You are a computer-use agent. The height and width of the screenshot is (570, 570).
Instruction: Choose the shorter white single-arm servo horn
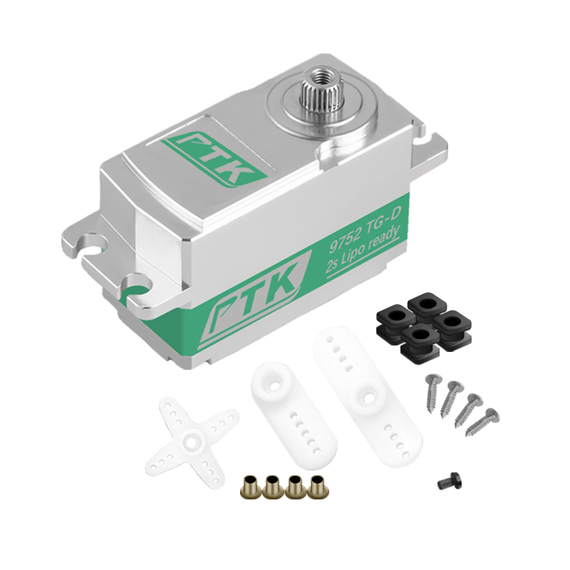[294, 415]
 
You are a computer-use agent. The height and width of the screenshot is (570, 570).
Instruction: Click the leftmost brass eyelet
[252, 486]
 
